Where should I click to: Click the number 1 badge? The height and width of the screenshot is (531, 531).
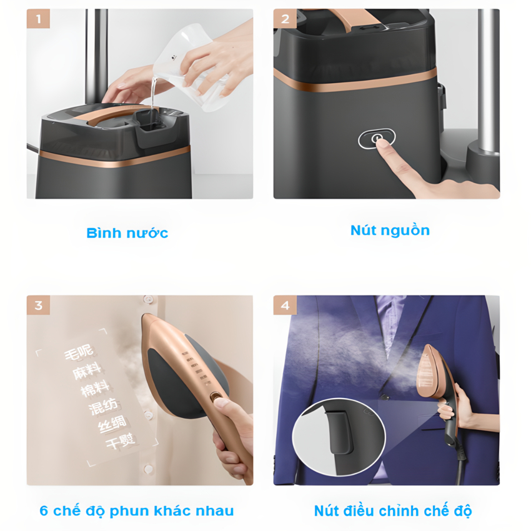[x=38, y=19]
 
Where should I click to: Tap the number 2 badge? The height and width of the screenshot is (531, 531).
[x=285, y=19]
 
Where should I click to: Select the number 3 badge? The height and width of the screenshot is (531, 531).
[x=38, y=305]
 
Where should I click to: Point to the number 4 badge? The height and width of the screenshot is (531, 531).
[x=285, y=305]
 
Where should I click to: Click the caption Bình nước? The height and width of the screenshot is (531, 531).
[x=127, y=234]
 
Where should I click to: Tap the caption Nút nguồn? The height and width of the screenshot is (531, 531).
[x=390, y=230]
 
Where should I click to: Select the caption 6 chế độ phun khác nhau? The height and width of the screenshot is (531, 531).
[x=137, y=511]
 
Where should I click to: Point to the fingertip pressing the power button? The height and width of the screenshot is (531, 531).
[x=380, y=142]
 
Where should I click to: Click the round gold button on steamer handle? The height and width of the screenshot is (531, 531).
[x=215, y=396]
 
